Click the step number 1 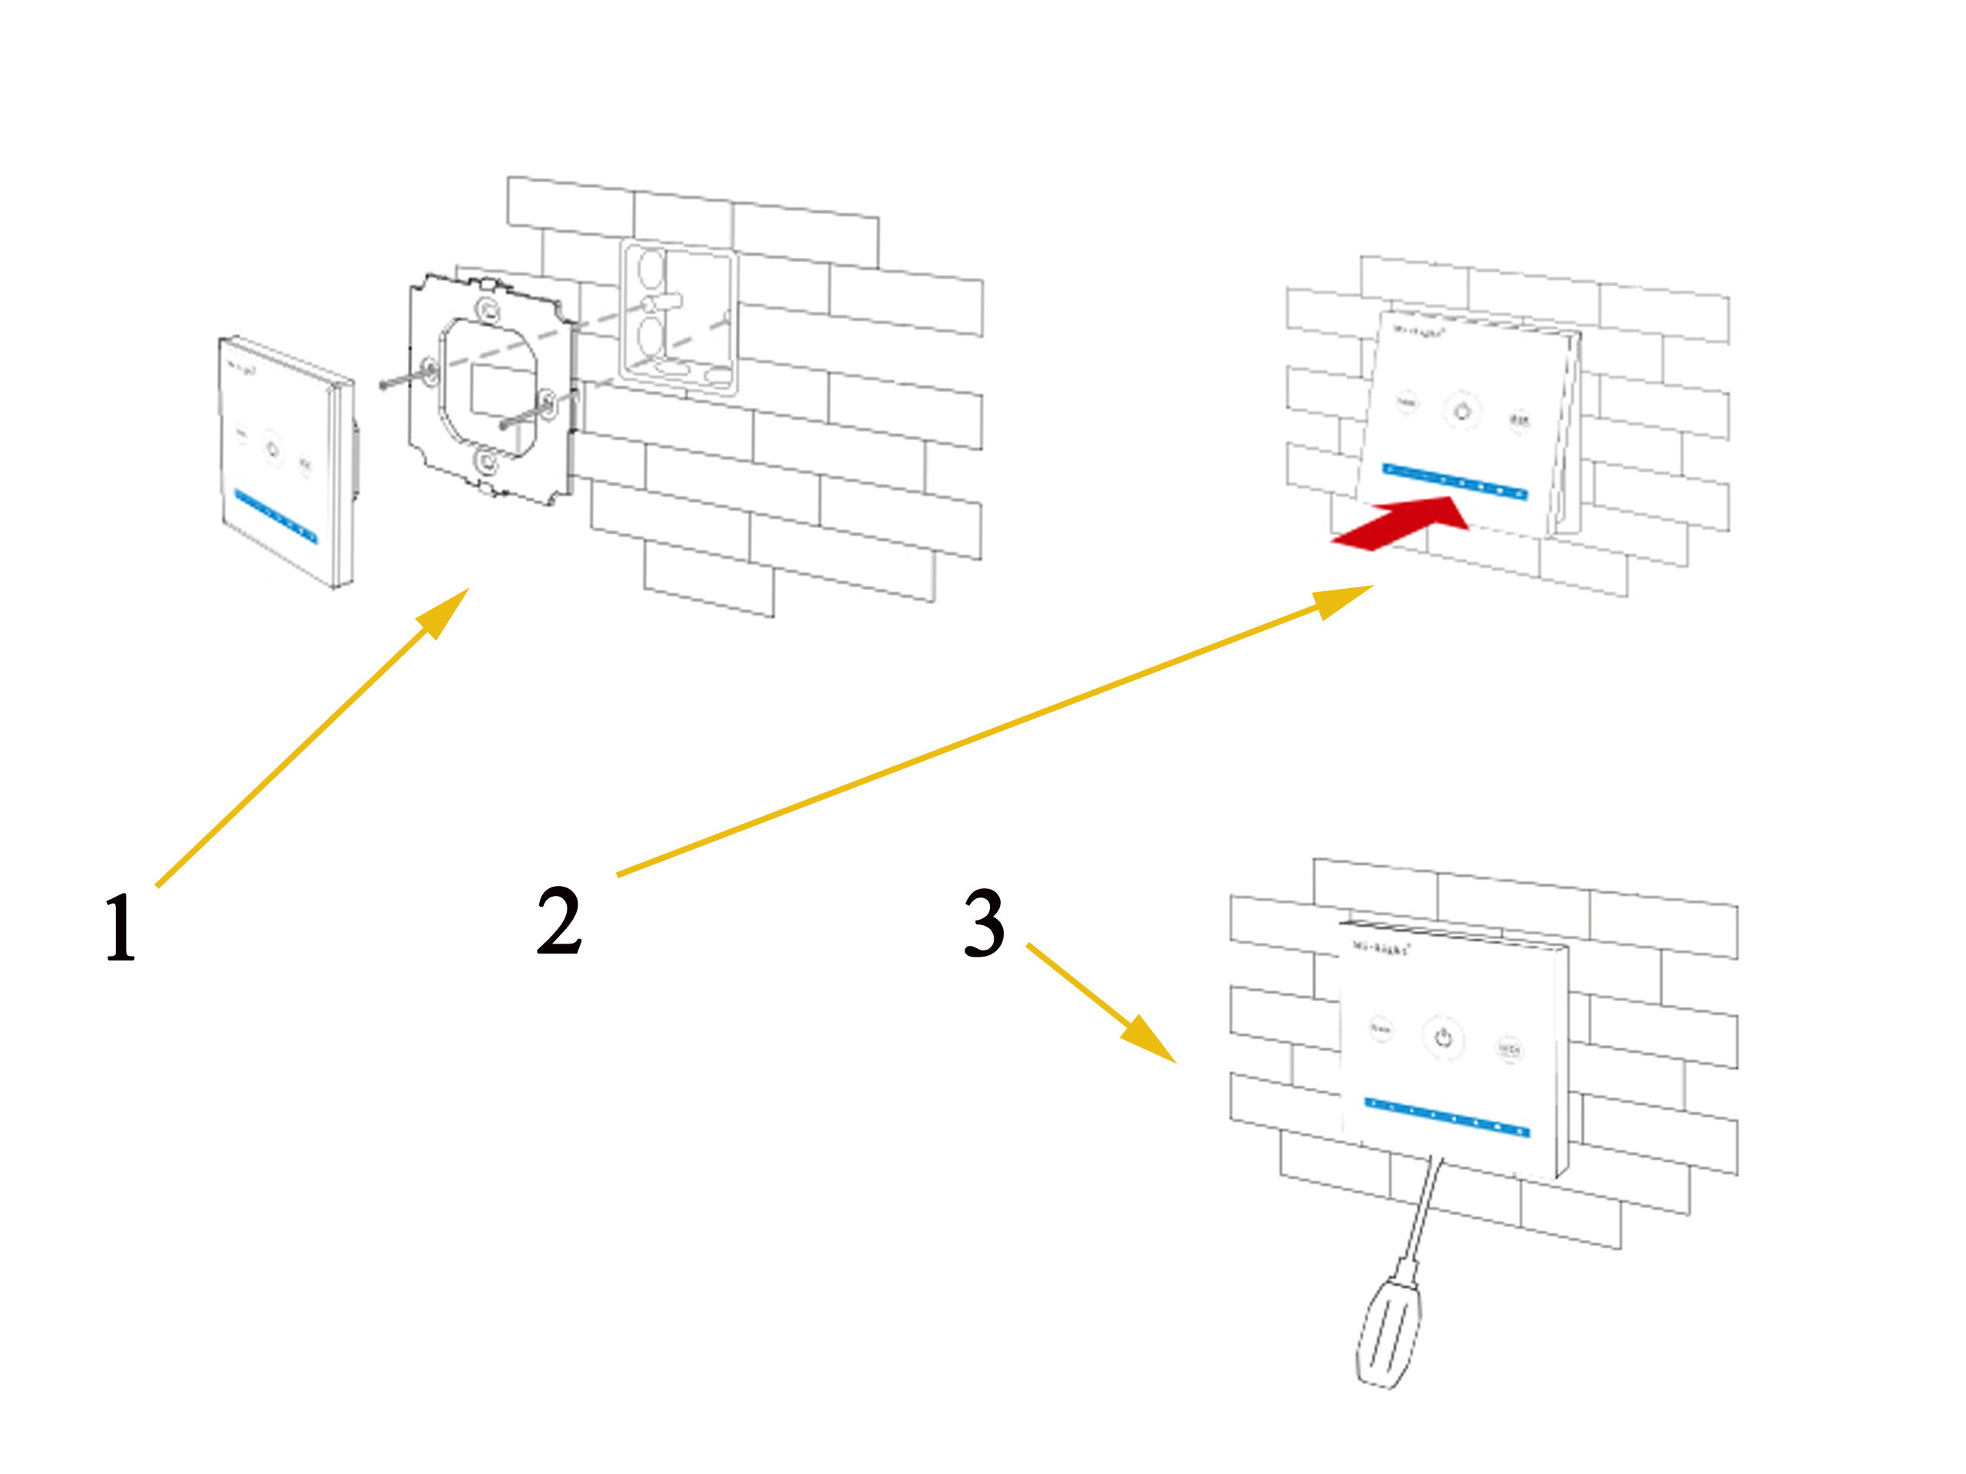pos(120,927)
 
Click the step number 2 pos(559,920)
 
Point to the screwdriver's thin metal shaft pos(1424,1209)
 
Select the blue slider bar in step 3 pos(1447,1118)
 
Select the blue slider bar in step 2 pos(1455,481)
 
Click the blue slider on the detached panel pos(276,515)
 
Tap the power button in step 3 pos(1443,1038)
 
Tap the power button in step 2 pos(1462,411)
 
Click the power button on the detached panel pos(272,450)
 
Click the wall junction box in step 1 pos(679,316)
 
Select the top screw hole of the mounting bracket pos(487,310)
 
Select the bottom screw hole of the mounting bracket pos(486,461)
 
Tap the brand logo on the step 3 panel pos(1380,948)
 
